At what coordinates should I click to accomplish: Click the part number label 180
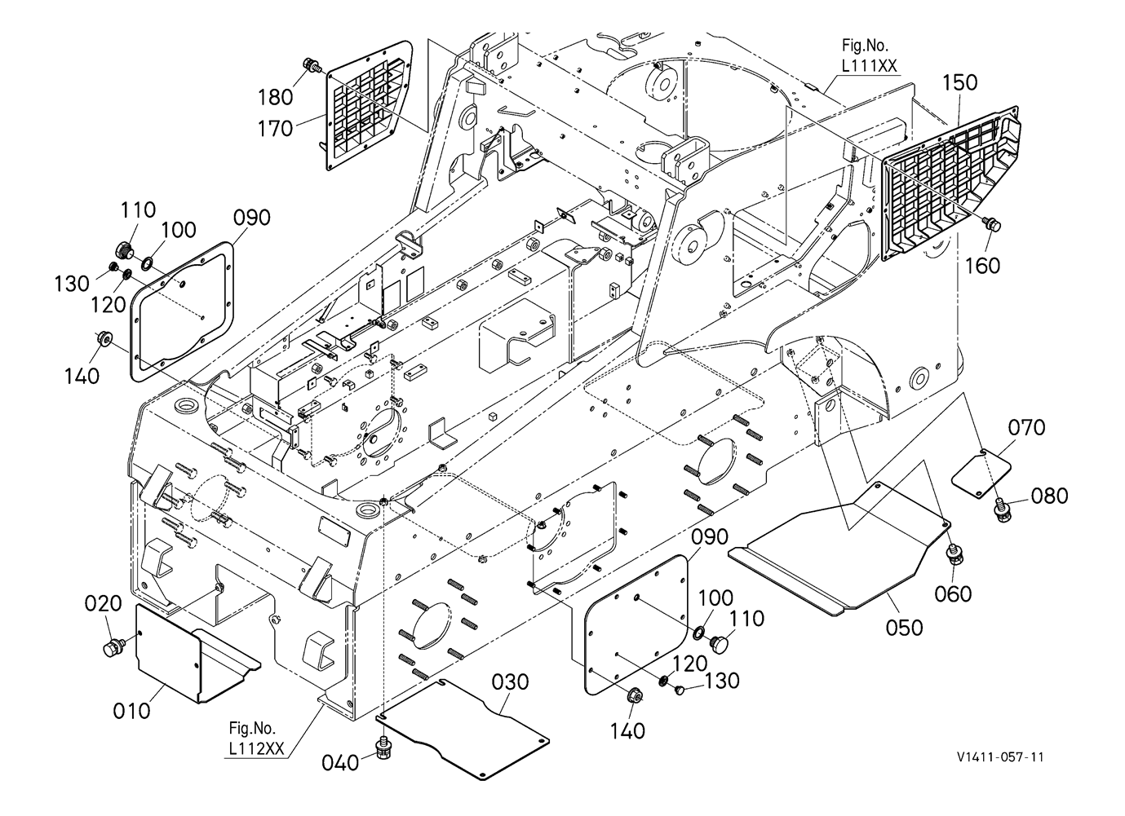tap(275, 97)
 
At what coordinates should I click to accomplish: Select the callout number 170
tap(275, 128)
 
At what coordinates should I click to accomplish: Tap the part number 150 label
tap(959, 82)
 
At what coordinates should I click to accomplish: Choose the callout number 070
tap(1025, 426)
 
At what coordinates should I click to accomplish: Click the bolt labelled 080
tap(1000, 509)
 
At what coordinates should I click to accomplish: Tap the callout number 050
tap(904, 627)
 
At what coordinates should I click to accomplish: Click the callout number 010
tap(131, 710)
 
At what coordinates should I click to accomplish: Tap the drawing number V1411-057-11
tap(1001, 756)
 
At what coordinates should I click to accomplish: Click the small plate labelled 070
tap(982, 470)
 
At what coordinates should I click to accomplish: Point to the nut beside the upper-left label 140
tap(104, 338)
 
